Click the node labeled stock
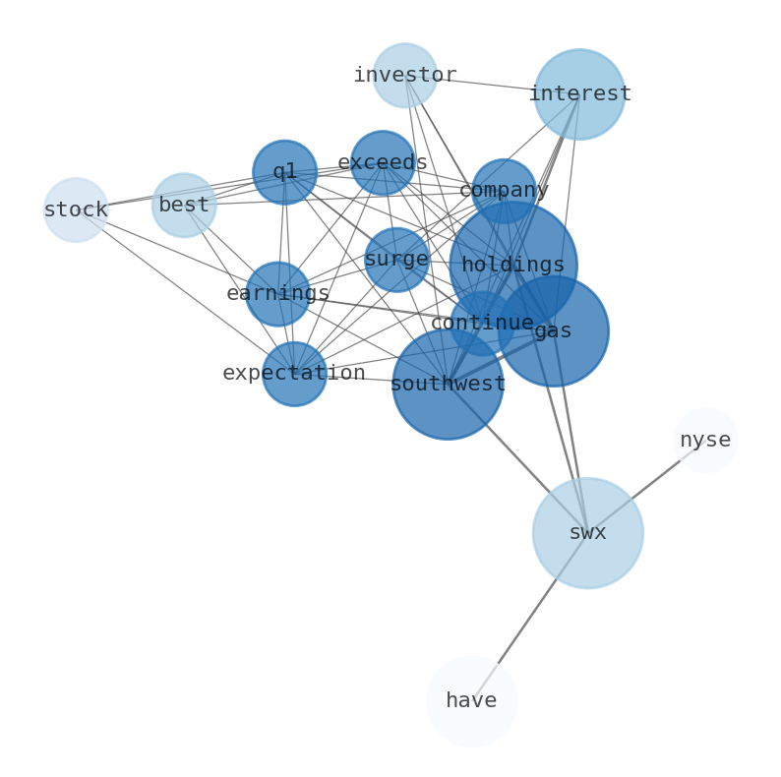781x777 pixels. (76, 209)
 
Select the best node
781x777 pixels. (184, 206)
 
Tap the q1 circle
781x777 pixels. (285, 172)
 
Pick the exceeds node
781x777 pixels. (383, 163)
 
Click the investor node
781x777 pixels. (405, 75)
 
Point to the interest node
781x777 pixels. (579, 94)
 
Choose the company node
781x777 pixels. (504, 191)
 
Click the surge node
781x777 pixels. (396, 260)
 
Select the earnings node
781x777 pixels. (278, 294)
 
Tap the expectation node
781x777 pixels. (294, 374)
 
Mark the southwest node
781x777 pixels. (448, 384)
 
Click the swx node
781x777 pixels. (588, 533)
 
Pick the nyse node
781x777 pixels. (705, 441)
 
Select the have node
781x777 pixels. (472, 701)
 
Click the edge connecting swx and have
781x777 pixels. (529, 617)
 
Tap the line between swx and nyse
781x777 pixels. (646, 487)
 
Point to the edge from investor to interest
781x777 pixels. (492, 85)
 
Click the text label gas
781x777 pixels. (553, 331)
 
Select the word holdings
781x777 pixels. (513, 265)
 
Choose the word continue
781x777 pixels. (482, 323)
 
